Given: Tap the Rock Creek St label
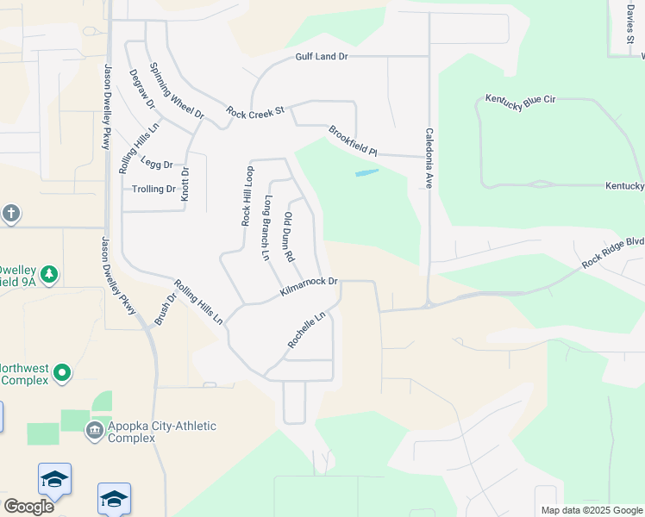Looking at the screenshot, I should tap(255, 112).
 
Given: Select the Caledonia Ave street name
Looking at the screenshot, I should tap(428, 159).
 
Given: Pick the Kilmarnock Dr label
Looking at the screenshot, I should tap(309, 287).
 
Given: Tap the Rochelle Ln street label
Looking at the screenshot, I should tap(308, 331).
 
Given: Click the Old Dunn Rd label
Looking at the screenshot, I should tap(290, 237).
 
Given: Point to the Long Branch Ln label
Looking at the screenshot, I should tap(266, 228).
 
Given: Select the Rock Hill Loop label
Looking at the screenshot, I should tap(247, 196).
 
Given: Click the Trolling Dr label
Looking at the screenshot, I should tap(153, 189).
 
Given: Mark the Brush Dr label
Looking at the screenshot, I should tap(165, 308).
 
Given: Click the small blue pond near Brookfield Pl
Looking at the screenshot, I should tap(366, 173).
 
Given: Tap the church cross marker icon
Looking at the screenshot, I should tap(10, 213).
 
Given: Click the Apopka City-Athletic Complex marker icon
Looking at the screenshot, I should tap(95, 429).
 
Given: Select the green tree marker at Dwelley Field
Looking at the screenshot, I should tap(50, 274).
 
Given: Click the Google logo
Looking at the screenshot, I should tap(28, 507).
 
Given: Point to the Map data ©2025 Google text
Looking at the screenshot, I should tap(591, 510).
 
